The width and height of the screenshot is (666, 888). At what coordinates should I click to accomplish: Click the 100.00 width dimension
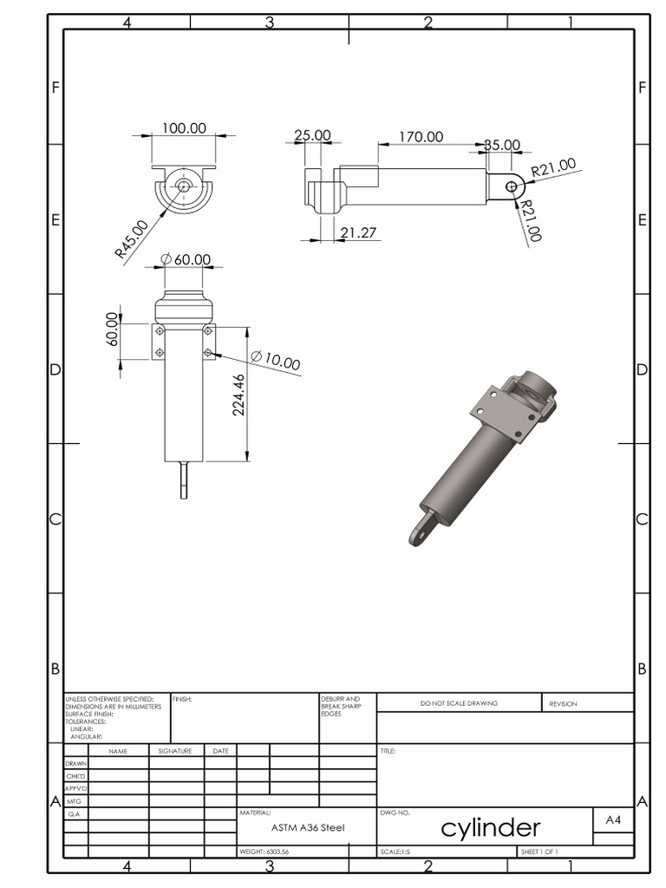click(x=184, y=128)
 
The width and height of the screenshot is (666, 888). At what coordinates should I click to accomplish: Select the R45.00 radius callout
click(x=131, y=239)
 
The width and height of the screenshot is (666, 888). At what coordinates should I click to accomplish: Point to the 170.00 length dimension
click(x=421, y=137)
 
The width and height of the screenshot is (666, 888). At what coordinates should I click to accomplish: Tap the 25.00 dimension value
click(x=312, y=135)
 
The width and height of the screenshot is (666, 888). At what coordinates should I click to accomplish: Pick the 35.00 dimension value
click(x=502, y=145)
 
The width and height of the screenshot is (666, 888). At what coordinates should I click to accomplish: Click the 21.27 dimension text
click(x=358, y=232)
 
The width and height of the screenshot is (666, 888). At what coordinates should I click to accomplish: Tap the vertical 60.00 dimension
click(x=113, y=329)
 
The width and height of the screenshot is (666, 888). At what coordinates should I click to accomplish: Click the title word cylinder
click(x=491, y=828)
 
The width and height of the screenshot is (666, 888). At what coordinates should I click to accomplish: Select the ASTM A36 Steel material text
click(x=307, y=828)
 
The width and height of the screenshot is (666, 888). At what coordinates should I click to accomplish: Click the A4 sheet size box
click(x=613, y=819)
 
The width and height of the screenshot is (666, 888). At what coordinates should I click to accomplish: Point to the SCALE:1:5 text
click(x=395, y=852)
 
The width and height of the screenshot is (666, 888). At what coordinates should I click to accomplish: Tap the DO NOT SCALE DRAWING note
click(x=459, y=703)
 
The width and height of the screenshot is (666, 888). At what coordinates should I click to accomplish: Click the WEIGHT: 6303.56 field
click(x=264, y=852)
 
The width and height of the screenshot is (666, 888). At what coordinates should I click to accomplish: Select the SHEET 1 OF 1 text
click(x=539, y=852)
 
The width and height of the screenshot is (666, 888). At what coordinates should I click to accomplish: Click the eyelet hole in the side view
click(x=511, y=186)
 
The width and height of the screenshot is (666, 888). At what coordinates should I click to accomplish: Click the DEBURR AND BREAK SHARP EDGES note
click(x=340, y=706)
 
